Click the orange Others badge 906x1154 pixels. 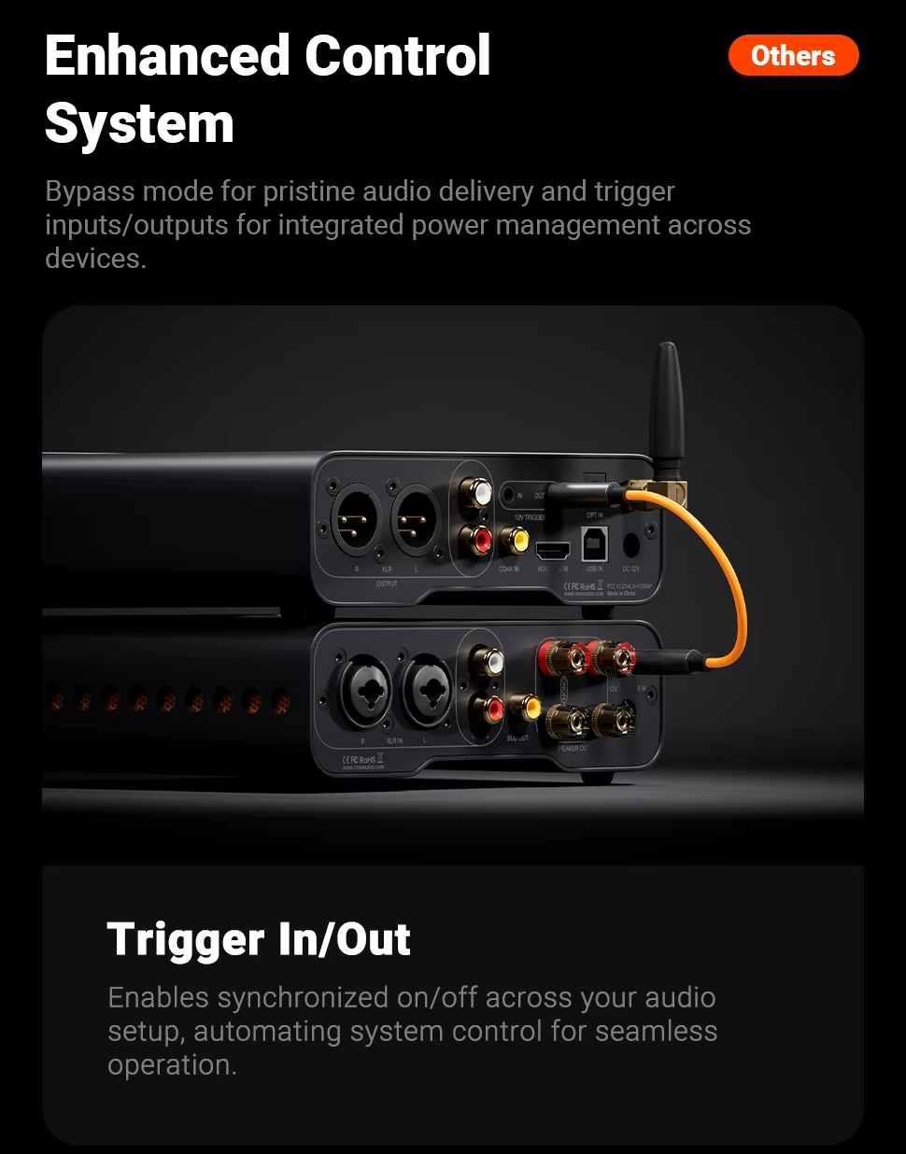tap(793, 56)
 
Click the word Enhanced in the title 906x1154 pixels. tap(169, 56)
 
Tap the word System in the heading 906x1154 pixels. tap(139, 124)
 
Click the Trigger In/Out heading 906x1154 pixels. tap(259, 939)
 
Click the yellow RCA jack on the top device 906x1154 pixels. tap(514, 540)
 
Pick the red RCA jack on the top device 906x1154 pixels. tap(481, 539)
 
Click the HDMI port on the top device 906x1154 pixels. tap(552, 549)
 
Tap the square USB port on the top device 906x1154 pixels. tap(594, 542)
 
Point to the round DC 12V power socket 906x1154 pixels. tap(630, 544)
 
